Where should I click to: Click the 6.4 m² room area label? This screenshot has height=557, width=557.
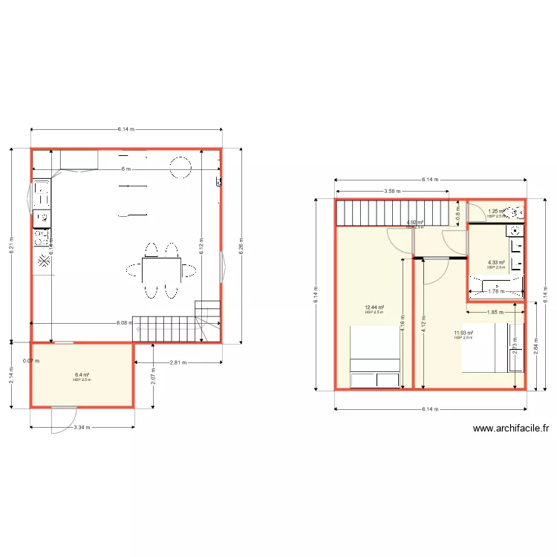click(x=82, y=375)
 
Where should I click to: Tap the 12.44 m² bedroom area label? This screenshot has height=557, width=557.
click(x=374, y=307)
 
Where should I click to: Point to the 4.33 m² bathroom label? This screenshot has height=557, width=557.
click(x=496, y=262)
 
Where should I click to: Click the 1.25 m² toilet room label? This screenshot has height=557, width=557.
click(x=496, y=212)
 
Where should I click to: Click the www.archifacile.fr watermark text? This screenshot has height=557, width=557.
click(x=510, y=428)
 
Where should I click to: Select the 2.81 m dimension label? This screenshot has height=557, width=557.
click(x=178, y=362)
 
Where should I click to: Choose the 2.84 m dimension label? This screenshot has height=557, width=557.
click(x=535, y=345)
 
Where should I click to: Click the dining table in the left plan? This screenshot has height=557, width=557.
click(x=161, y=268)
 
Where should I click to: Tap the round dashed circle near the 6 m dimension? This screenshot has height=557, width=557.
click(x=180, y=167)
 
